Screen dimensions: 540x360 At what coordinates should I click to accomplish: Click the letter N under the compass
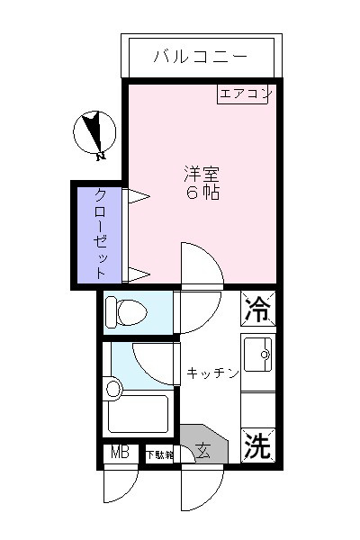tap(100, 157)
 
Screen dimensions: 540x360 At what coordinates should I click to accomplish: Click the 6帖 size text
tap(202, 193)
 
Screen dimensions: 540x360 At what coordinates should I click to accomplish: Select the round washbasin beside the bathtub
tap(112, 390)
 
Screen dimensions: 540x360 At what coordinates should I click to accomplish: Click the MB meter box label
tap(118, 453)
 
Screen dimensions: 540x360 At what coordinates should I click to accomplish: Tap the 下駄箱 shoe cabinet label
tap(159, 455)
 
